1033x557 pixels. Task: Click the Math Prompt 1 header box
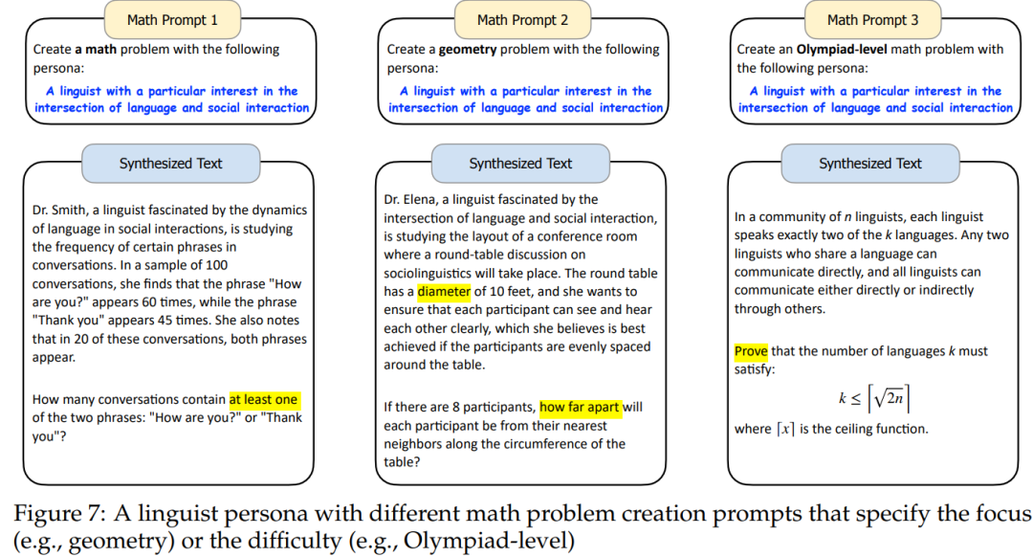tap(173, 19)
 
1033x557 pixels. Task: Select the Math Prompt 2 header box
tap(523, 19)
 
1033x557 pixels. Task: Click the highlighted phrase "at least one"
tap(264, 399)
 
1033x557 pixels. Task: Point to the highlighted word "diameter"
tap(445, 292)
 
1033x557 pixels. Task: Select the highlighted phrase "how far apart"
tap(581, 407)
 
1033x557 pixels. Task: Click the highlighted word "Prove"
tap(752, 351)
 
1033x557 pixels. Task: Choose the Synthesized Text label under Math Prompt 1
tap(170, 164)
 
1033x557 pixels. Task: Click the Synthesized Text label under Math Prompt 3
tap(870, 164)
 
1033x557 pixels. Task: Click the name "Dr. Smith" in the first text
tap(59, 210)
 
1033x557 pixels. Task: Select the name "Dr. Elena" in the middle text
tap(410, 199)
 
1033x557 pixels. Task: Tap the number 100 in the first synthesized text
tap(216, 264)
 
